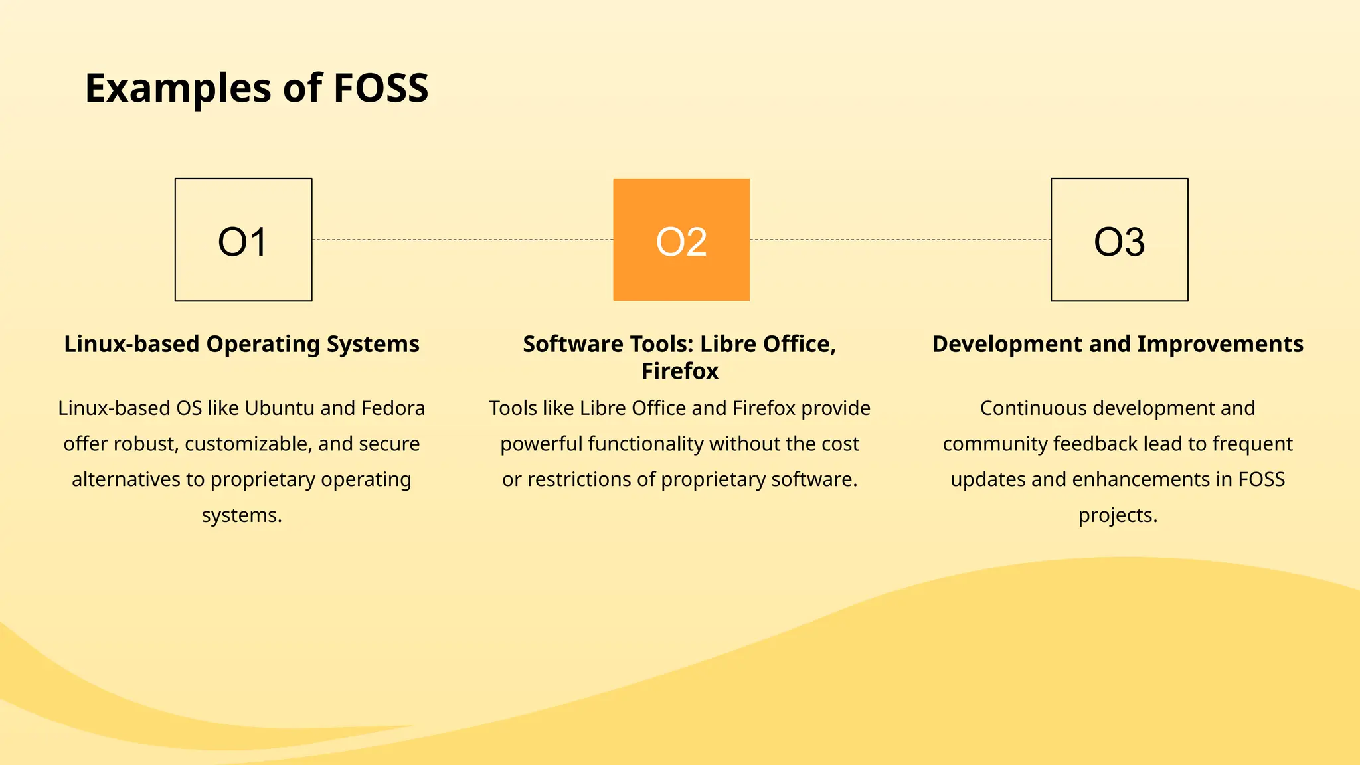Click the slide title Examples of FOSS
pyautogui.click(x=256, y=88)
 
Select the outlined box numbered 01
pyautogui.click(x=243, y=240)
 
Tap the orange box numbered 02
pyautogui.click(x=681, y=240)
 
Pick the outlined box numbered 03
pyautogui.click(x=1119, y=240)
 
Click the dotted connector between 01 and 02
pyautogui.click(x=462, y=240)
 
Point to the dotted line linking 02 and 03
pyautogui.click(x=900, y=240)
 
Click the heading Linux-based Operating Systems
pyautogui.click(x=242, y=344)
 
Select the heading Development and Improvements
pyautogui.click(x=1118, y=344)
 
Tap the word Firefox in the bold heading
pyautogui.click(x=680, y=371)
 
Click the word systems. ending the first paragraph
pyautogui.click(x=242, y=515)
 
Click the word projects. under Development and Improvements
pyautogui.click(x=1118, y=515)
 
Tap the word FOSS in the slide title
pyautogui.click(x=381, y=88)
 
